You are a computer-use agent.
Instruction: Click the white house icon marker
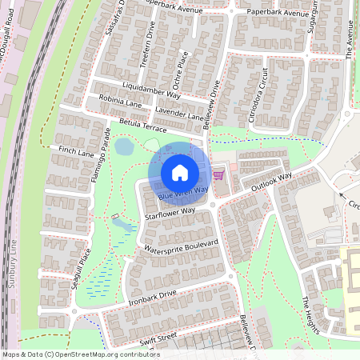(180, 172)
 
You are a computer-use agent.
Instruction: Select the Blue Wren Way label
(183, 193)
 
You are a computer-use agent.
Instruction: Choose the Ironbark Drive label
(152, 298)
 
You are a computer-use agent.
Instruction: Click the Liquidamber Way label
(153, 89)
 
